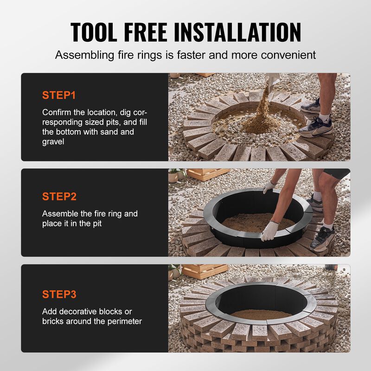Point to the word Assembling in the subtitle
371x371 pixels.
pos(83,55)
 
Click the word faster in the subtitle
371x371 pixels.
pos(221,55)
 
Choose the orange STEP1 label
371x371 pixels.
pos(59,96)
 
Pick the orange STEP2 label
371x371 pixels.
pos(59,196)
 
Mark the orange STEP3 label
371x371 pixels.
pos(59,294)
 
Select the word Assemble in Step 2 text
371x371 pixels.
pos(59,214)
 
